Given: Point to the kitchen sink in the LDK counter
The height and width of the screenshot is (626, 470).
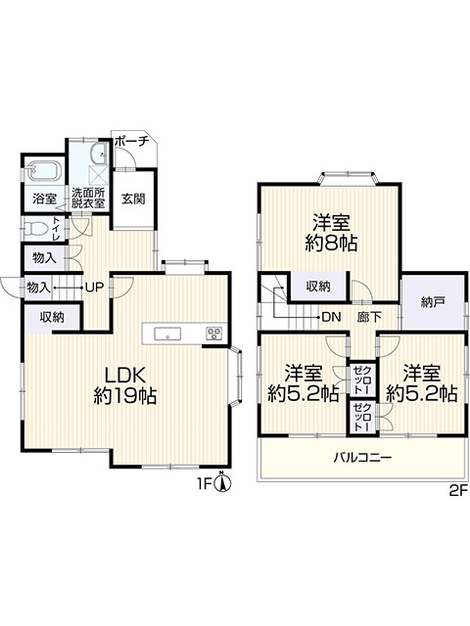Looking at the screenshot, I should (x=167, y=334).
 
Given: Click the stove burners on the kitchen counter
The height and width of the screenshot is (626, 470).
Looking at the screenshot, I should (x=213, y=334).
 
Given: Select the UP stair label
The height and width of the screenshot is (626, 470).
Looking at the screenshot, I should (x=94, y=287).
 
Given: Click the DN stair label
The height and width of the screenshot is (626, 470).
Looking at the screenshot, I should (x=331, y=316).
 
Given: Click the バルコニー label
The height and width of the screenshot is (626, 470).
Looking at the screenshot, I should (x=362, y=457).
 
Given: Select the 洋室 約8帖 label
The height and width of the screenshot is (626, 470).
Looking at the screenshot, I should (x=332, y=232).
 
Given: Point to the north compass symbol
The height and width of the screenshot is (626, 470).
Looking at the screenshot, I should (x=224, y=482).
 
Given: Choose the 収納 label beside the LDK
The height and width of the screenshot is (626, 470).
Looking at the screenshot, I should (x=52, y=317).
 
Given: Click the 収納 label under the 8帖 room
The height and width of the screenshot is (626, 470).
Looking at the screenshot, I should (x=317, y=287).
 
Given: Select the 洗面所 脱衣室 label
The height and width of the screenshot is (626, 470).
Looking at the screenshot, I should (x=88, y=199).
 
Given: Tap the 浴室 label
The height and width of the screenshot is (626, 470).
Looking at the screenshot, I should (x=44, y=199).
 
